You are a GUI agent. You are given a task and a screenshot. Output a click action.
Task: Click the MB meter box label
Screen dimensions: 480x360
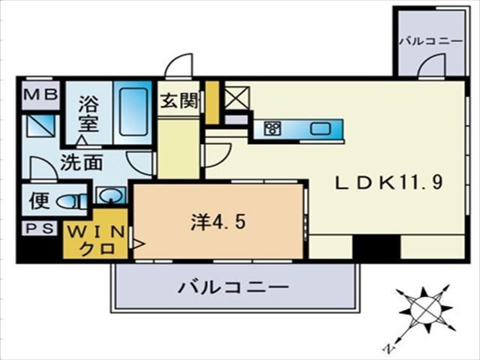(41, 94)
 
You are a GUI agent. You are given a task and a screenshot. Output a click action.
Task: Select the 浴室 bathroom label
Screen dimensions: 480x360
(88, 113)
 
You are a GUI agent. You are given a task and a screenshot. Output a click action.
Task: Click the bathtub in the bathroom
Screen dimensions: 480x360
(133, 112)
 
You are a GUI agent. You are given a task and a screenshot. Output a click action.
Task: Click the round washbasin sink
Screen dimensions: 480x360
(110, 195)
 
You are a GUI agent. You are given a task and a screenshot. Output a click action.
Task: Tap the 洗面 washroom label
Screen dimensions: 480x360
(82, 163)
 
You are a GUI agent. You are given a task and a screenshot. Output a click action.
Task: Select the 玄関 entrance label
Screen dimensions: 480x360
(180, 100)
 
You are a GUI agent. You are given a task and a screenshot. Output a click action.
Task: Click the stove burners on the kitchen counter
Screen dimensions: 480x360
(272, 128)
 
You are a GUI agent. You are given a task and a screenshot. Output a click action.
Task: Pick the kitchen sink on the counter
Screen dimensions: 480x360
(320, 128)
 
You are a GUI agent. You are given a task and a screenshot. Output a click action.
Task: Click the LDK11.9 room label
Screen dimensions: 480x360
(389, 183)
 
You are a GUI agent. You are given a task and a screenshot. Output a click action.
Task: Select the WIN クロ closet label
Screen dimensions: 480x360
(96, 241)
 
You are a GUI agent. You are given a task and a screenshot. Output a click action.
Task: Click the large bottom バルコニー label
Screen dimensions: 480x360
(233, 287)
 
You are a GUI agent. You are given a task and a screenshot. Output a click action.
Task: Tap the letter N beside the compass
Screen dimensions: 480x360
(388, 348)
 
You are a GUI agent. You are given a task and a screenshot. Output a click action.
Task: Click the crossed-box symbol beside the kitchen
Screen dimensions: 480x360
(237, 98)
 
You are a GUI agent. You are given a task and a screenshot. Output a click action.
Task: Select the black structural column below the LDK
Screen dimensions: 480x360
(376, 247)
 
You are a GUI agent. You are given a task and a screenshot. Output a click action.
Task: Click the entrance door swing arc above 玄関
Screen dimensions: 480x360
(179, 65)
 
